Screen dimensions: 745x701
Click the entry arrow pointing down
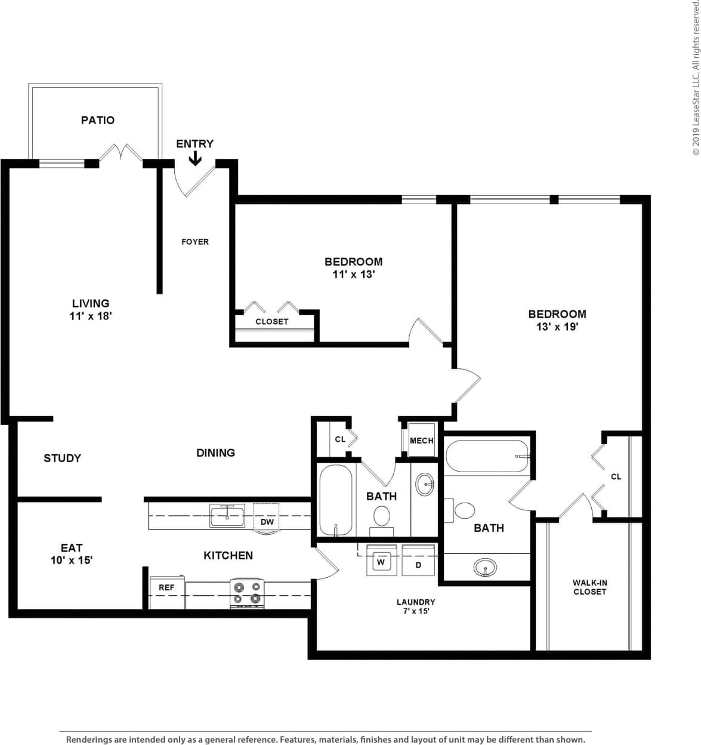point(195,158)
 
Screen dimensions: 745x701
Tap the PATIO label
point(98,120)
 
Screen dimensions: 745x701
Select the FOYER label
point(195,242)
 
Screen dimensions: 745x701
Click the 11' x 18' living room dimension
point(91,316)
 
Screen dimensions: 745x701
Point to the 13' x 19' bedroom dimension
point(557,327)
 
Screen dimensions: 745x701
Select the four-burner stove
point(247,593)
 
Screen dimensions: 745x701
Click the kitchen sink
point(227,516)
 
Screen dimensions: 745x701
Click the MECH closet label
point(422,441)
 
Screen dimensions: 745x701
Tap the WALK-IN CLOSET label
point(589,587)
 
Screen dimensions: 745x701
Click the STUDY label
point(62,458)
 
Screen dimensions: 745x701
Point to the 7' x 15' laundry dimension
point(416,611)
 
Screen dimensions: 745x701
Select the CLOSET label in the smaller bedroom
point(272,321)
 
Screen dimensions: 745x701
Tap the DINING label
point(215,452)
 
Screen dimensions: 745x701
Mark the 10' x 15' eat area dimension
point(72,560)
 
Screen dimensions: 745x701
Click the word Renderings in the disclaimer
point(88,740)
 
